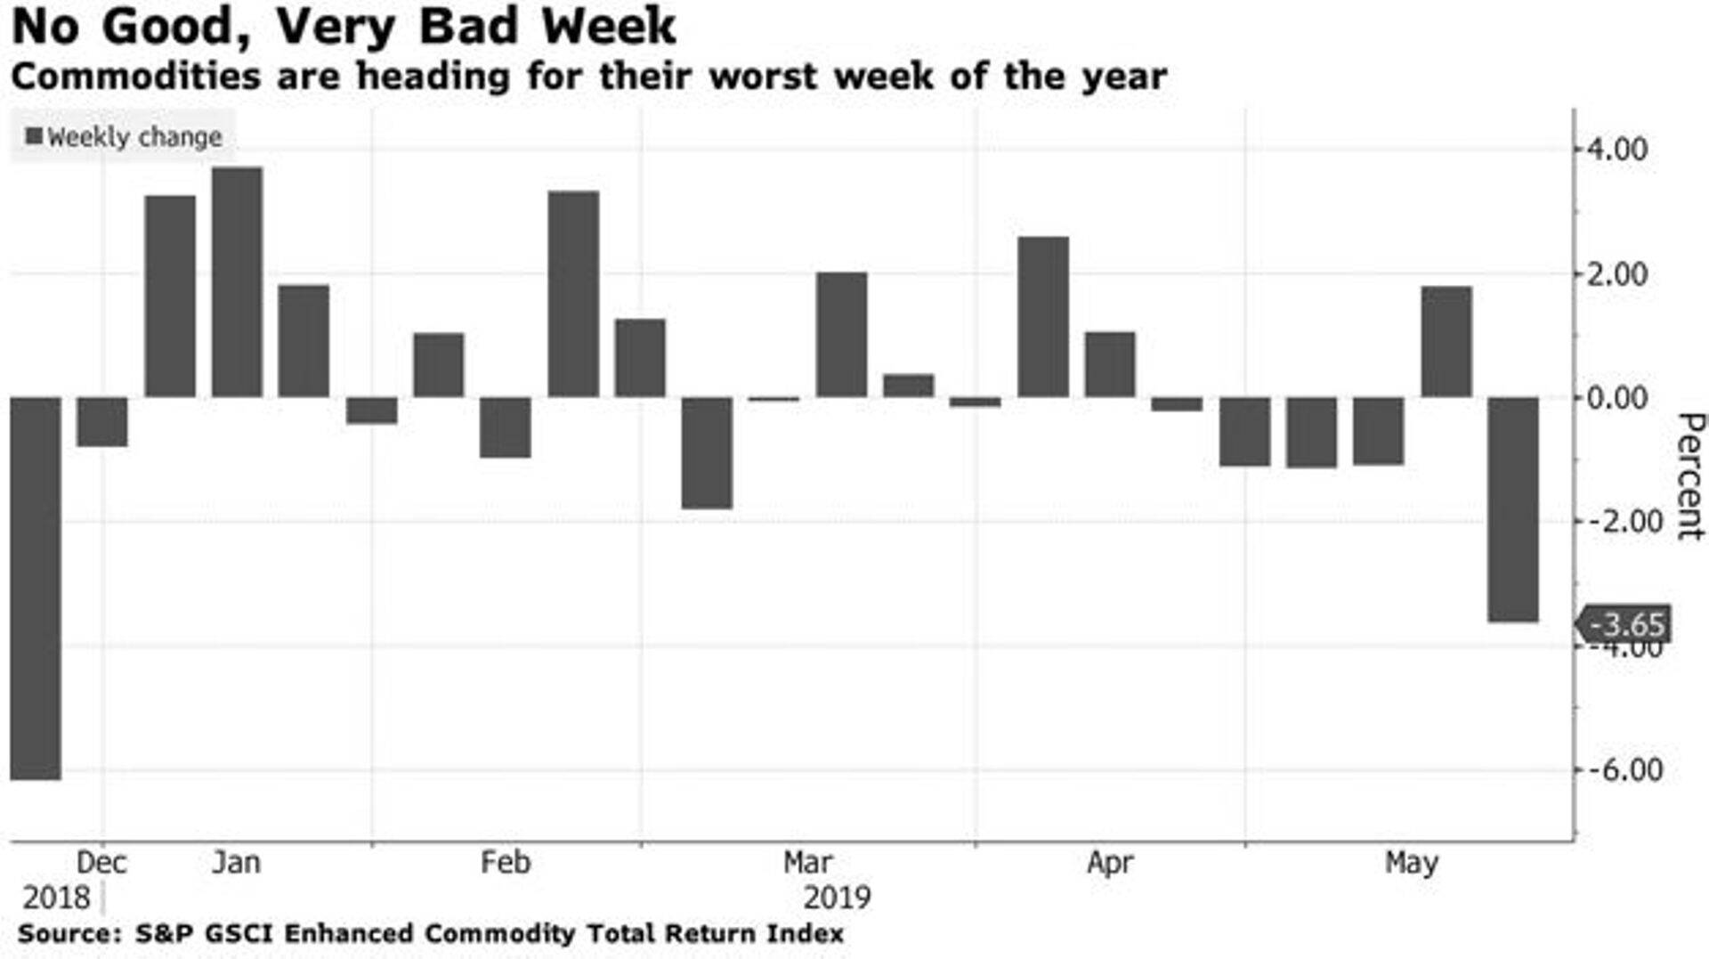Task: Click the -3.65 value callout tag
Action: point(1624,624)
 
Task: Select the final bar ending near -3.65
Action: point(1513,509)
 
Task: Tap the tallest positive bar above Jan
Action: point(237,282)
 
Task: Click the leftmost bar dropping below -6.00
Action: point(36,588)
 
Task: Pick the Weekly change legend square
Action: point(34,136)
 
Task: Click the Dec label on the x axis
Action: point(101,862)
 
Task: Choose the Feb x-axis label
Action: point(506,862)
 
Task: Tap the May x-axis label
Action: point(1412,862)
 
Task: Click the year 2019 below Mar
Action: point(837,897)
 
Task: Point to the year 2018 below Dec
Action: point(55,897)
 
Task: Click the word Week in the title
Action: point(610,27)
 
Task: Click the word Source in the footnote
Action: point(68,933)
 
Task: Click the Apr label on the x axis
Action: point(1110,862)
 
